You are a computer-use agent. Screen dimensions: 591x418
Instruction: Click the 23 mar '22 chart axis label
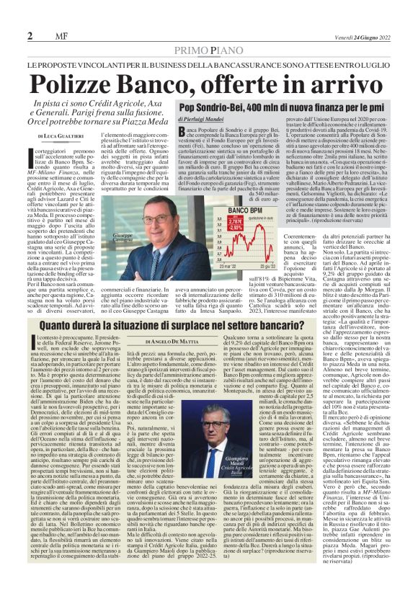point(227,265)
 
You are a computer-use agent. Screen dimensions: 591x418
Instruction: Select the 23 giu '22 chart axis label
point(270,265)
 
